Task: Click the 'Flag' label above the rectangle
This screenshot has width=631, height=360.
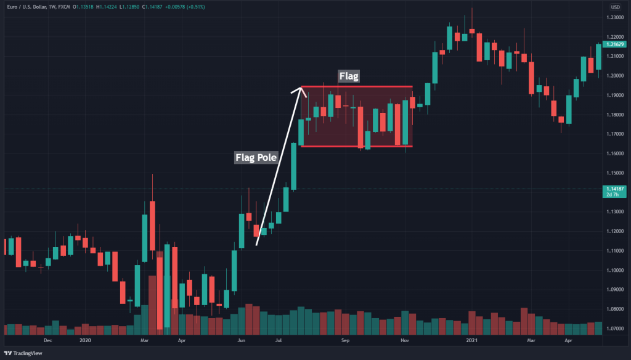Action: (x=349, y=76)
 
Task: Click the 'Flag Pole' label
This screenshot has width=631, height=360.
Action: (x=256, y=157)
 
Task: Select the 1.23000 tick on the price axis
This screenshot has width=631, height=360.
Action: (x=614, y=17)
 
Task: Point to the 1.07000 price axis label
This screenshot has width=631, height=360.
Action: (x=614, y=329)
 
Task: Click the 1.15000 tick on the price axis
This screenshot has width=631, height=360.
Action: (x=614, y=173)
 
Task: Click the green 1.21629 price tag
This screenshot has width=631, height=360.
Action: (x=614, y=44)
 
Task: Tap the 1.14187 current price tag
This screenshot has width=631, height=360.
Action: (x=614, y=189)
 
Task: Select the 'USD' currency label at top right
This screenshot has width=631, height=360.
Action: (x=615, y=7)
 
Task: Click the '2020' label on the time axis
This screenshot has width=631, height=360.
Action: (x=85, y=340)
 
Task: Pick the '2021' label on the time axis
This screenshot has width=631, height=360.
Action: (x=471, y=340)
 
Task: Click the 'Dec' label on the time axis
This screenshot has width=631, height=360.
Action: (x=48, y=340)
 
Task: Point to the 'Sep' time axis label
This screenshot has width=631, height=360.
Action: (x=345, y=340)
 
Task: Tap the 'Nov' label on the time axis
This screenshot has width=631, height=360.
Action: (x=405, y=340)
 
